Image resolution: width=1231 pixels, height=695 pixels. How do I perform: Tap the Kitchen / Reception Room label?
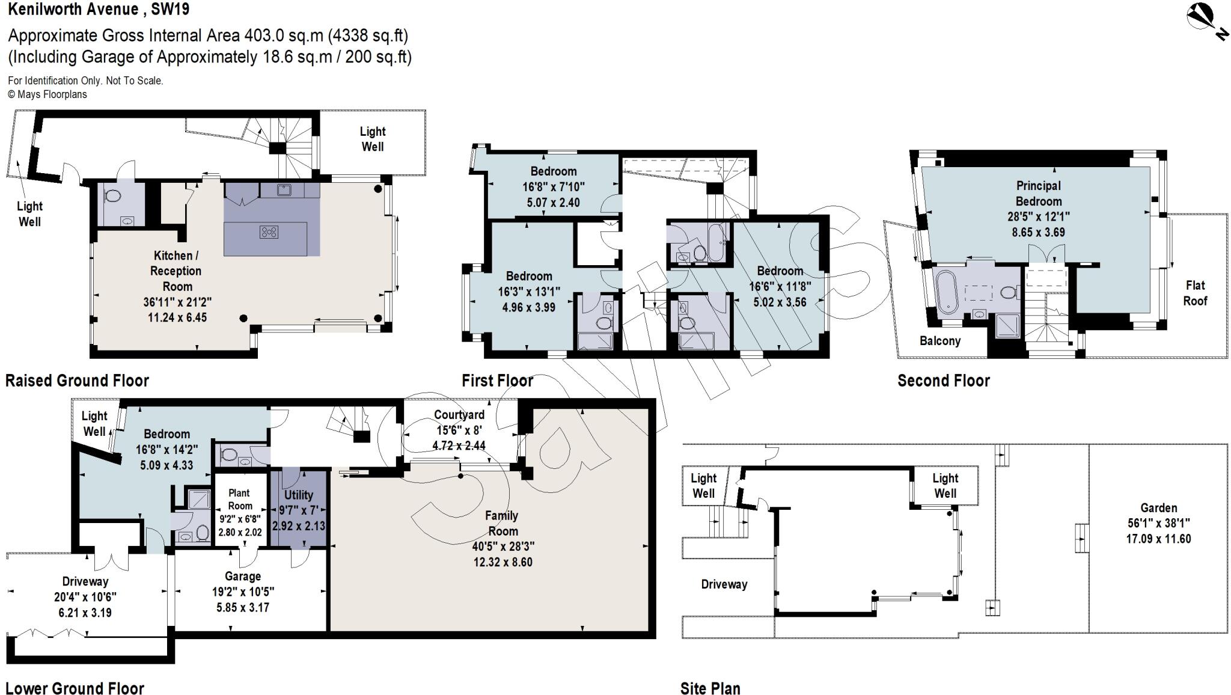pyautogui.click(x=176, y=271)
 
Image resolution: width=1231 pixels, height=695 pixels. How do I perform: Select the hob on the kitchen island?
pyautogui.click(x=269, y=231)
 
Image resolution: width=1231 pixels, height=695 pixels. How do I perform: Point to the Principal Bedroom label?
pyautogui.click(x=1038, y=194)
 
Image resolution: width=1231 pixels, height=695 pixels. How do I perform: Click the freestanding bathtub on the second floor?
pyautogui.click(x=948, y=292)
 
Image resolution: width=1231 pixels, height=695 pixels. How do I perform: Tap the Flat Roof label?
pyautogui.click(x=1194, y=293)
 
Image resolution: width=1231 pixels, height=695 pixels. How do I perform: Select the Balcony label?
pyautogui.click(x=939, y=341)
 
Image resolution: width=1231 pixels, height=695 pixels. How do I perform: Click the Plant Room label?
pyautogui.click(x=239, y=499)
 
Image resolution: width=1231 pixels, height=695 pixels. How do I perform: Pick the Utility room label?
pyautogui.click(x=298, y=495)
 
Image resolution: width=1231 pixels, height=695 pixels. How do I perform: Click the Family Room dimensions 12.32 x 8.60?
pyautogui.click(x=502, y=562)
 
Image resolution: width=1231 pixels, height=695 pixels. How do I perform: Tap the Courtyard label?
pyautogui.click(x=459, y=415)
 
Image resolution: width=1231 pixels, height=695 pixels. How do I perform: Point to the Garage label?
pyautogui.click(x=242, y=576)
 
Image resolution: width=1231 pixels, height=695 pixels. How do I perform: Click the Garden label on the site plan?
pyautogui.click(x=1158, y=508)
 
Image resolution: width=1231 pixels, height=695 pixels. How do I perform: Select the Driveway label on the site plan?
pyautogui.click(x=724, y=584)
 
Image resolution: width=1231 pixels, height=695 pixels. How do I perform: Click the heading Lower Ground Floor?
pyautogui.click(x=75, y=688)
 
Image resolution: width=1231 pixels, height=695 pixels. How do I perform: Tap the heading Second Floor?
pyautogui.click(x=943, y=381)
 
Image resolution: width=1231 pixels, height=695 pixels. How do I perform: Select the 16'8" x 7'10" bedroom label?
pyautogui.click(x=553, y=186)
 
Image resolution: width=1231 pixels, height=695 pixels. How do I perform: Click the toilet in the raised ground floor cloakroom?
pyautogui.click(x=112, y=196)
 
